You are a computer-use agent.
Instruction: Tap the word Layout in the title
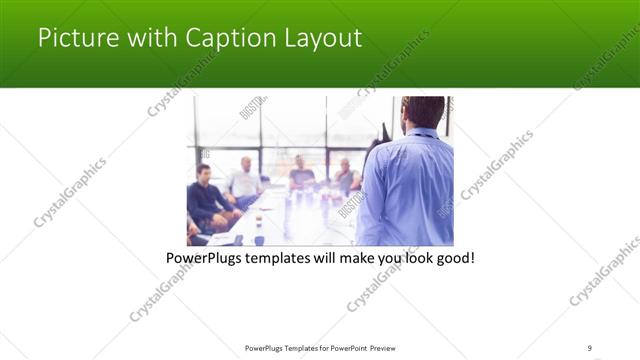coord(323,39)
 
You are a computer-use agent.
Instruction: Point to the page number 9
coord(590,347)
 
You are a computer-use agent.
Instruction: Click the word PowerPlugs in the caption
coord(204,258)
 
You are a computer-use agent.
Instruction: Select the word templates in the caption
coord(280,258)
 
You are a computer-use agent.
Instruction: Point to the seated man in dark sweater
coord(207,195)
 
